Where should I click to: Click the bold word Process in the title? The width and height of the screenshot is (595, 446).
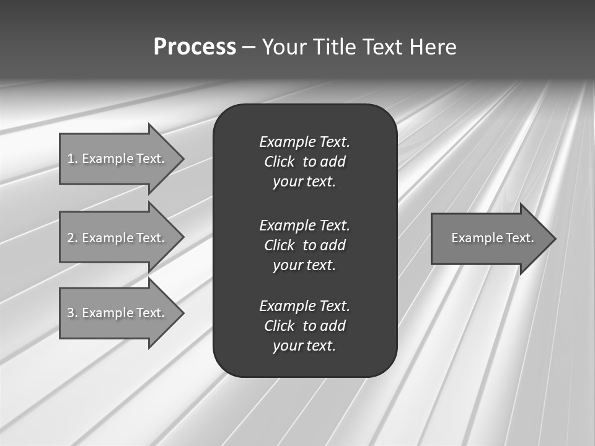click(195, 47)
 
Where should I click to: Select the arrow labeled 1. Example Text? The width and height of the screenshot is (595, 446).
click(116, 159)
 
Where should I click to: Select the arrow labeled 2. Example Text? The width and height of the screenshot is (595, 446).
click(116, 238)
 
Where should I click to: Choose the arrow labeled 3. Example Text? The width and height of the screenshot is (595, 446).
click(116, 313)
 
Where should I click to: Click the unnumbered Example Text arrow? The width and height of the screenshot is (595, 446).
click(492, 238)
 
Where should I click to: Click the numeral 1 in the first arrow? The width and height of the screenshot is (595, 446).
click(70, 159)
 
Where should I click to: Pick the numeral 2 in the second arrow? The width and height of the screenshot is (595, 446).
click(71, 238)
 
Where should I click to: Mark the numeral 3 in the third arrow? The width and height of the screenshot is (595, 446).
click(71, 313)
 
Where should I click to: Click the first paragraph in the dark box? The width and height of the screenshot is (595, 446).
click(304, 162)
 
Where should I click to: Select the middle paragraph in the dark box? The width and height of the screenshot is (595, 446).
click(304, 245)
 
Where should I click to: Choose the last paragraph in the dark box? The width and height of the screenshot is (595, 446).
click(304, 326)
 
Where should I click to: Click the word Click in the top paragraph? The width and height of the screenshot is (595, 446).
click(279, 162)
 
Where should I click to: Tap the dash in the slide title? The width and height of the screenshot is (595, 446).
click(249, 48)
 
